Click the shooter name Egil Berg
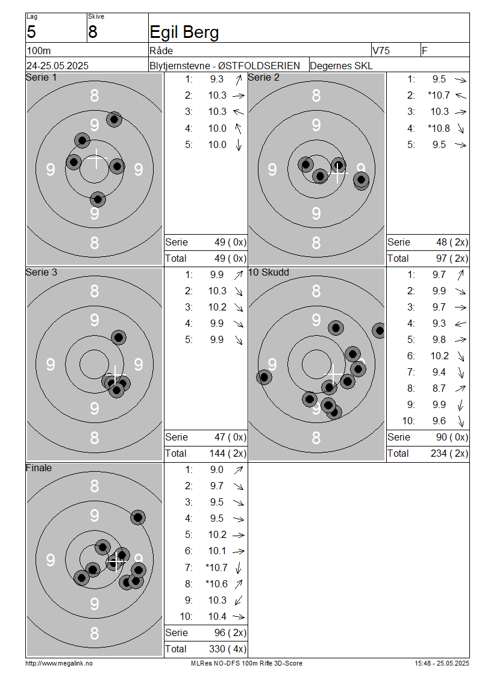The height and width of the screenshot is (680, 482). (x=184, y=32)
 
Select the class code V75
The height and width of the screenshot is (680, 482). (x=381, y=51)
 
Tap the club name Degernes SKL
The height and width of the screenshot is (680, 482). (x=341, y=66)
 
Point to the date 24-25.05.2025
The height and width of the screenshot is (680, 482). (x=57, y=66)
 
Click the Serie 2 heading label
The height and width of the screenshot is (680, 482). (x=263, y=77)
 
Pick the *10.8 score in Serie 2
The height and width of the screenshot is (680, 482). (x=439, y=128)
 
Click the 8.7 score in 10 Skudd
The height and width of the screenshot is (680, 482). (x=439, y=389)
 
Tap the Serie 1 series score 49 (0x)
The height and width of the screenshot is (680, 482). (x=230, y=242)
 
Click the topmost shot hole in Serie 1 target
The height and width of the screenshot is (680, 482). (x=114, y=119)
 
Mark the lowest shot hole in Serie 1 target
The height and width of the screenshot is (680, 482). (x=98, y=200)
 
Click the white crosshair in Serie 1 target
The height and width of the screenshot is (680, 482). (x=96, y=159)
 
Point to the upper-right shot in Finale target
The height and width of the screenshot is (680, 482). (x=138, y=518)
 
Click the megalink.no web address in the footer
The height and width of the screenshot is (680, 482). (x=59, y=664)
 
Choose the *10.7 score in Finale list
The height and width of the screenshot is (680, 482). (x=216, y=567)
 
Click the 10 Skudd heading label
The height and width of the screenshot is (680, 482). (x=268, y=273)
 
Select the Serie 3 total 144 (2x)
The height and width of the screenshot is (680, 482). (x=228, y=454)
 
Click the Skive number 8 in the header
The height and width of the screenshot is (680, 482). (x=93, y=32)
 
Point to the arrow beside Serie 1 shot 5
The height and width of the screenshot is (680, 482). (x=239, y=145)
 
